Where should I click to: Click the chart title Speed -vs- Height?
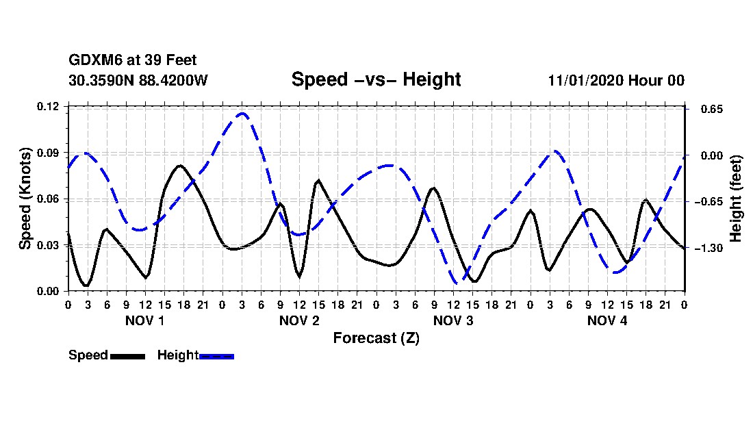point(376,79)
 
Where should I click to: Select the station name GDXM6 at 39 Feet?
point(133,61)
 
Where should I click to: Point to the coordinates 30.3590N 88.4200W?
point(138,81)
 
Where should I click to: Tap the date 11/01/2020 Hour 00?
point(615,81)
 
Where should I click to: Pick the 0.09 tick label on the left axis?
point(49,153)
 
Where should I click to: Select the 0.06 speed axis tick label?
point(49,199)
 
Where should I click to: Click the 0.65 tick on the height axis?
point(711,110)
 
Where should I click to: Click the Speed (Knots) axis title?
point(25,199)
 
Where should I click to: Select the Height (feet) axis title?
point(737,199)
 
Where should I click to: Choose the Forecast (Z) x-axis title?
point(376,338)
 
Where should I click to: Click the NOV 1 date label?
point(144,320)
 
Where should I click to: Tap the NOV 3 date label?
point(453,320)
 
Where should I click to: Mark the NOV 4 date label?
point(607,320)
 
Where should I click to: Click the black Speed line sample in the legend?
point(127,356)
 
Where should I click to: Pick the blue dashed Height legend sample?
point(216,356)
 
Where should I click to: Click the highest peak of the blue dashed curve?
point(242,114)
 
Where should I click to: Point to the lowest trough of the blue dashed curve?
point(457,283)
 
